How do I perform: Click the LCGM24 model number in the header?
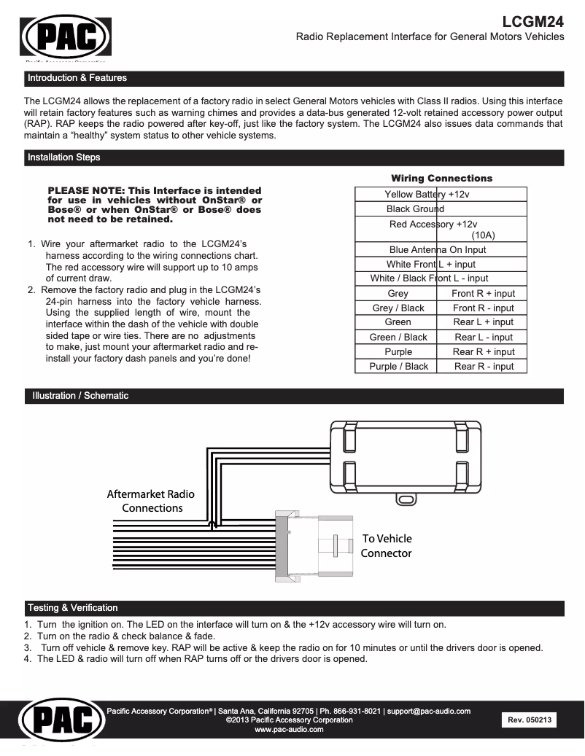point(533,21)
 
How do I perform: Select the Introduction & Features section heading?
point(77,78)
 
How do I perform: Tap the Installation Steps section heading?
point(63,157)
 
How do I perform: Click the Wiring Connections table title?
point(441,178)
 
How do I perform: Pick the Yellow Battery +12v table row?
point(427,195)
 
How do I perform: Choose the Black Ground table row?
point(415,209)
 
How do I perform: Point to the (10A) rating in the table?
point(483,235)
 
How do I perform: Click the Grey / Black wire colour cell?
point(398,308)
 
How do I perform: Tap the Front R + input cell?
point(483,294)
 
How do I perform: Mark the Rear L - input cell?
point(483,338)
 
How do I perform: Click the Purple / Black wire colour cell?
point(398,367)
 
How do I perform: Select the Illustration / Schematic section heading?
point(80,396)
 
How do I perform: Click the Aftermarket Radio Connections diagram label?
point(151,501)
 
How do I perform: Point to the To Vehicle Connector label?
point(387,546)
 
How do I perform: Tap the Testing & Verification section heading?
point(72,608)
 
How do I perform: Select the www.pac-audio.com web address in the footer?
point(289,730)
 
